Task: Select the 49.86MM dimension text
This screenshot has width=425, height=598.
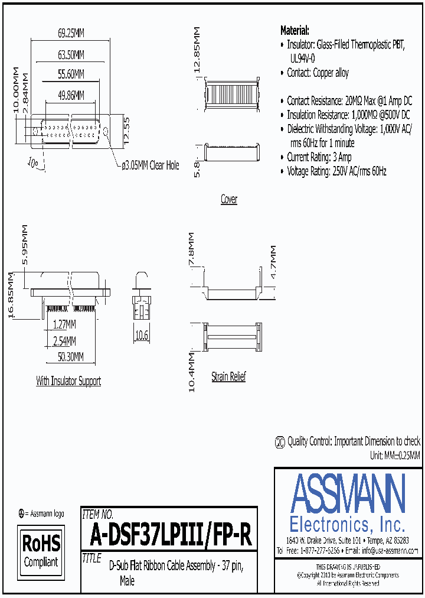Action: pyautogui.click(x=71, y=95)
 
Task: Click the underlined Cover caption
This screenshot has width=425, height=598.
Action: pyautogui.click(x=228, y=200)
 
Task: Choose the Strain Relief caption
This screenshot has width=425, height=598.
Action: pyautogui.click(x=228, y=376)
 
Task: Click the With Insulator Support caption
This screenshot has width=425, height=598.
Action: pyautogui.click(x=68, y=382)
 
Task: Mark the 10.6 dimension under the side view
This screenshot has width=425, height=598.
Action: pyautogui.click(x=141, y=336)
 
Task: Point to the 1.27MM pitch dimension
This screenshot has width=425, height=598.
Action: pyautogui.click(x=63, y=324)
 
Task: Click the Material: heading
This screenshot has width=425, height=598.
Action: pyautogui.click(x=295, y=31)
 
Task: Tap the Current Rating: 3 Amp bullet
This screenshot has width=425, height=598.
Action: pyautogui.click(x=319, y=157)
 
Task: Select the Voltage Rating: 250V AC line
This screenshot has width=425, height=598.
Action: pyautogui.click(x=336, y=172)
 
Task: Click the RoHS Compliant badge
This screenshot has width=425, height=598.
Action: pyautogui.click(x=41, y=550)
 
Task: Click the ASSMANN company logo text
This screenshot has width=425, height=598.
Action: pyautogui.click(x=348, y=494)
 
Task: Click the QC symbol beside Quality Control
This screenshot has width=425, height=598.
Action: pyautogui.click(x=280, y=442)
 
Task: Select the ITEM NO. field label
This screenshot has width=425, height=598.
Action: pyautogui.click(x=98, y=515)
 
